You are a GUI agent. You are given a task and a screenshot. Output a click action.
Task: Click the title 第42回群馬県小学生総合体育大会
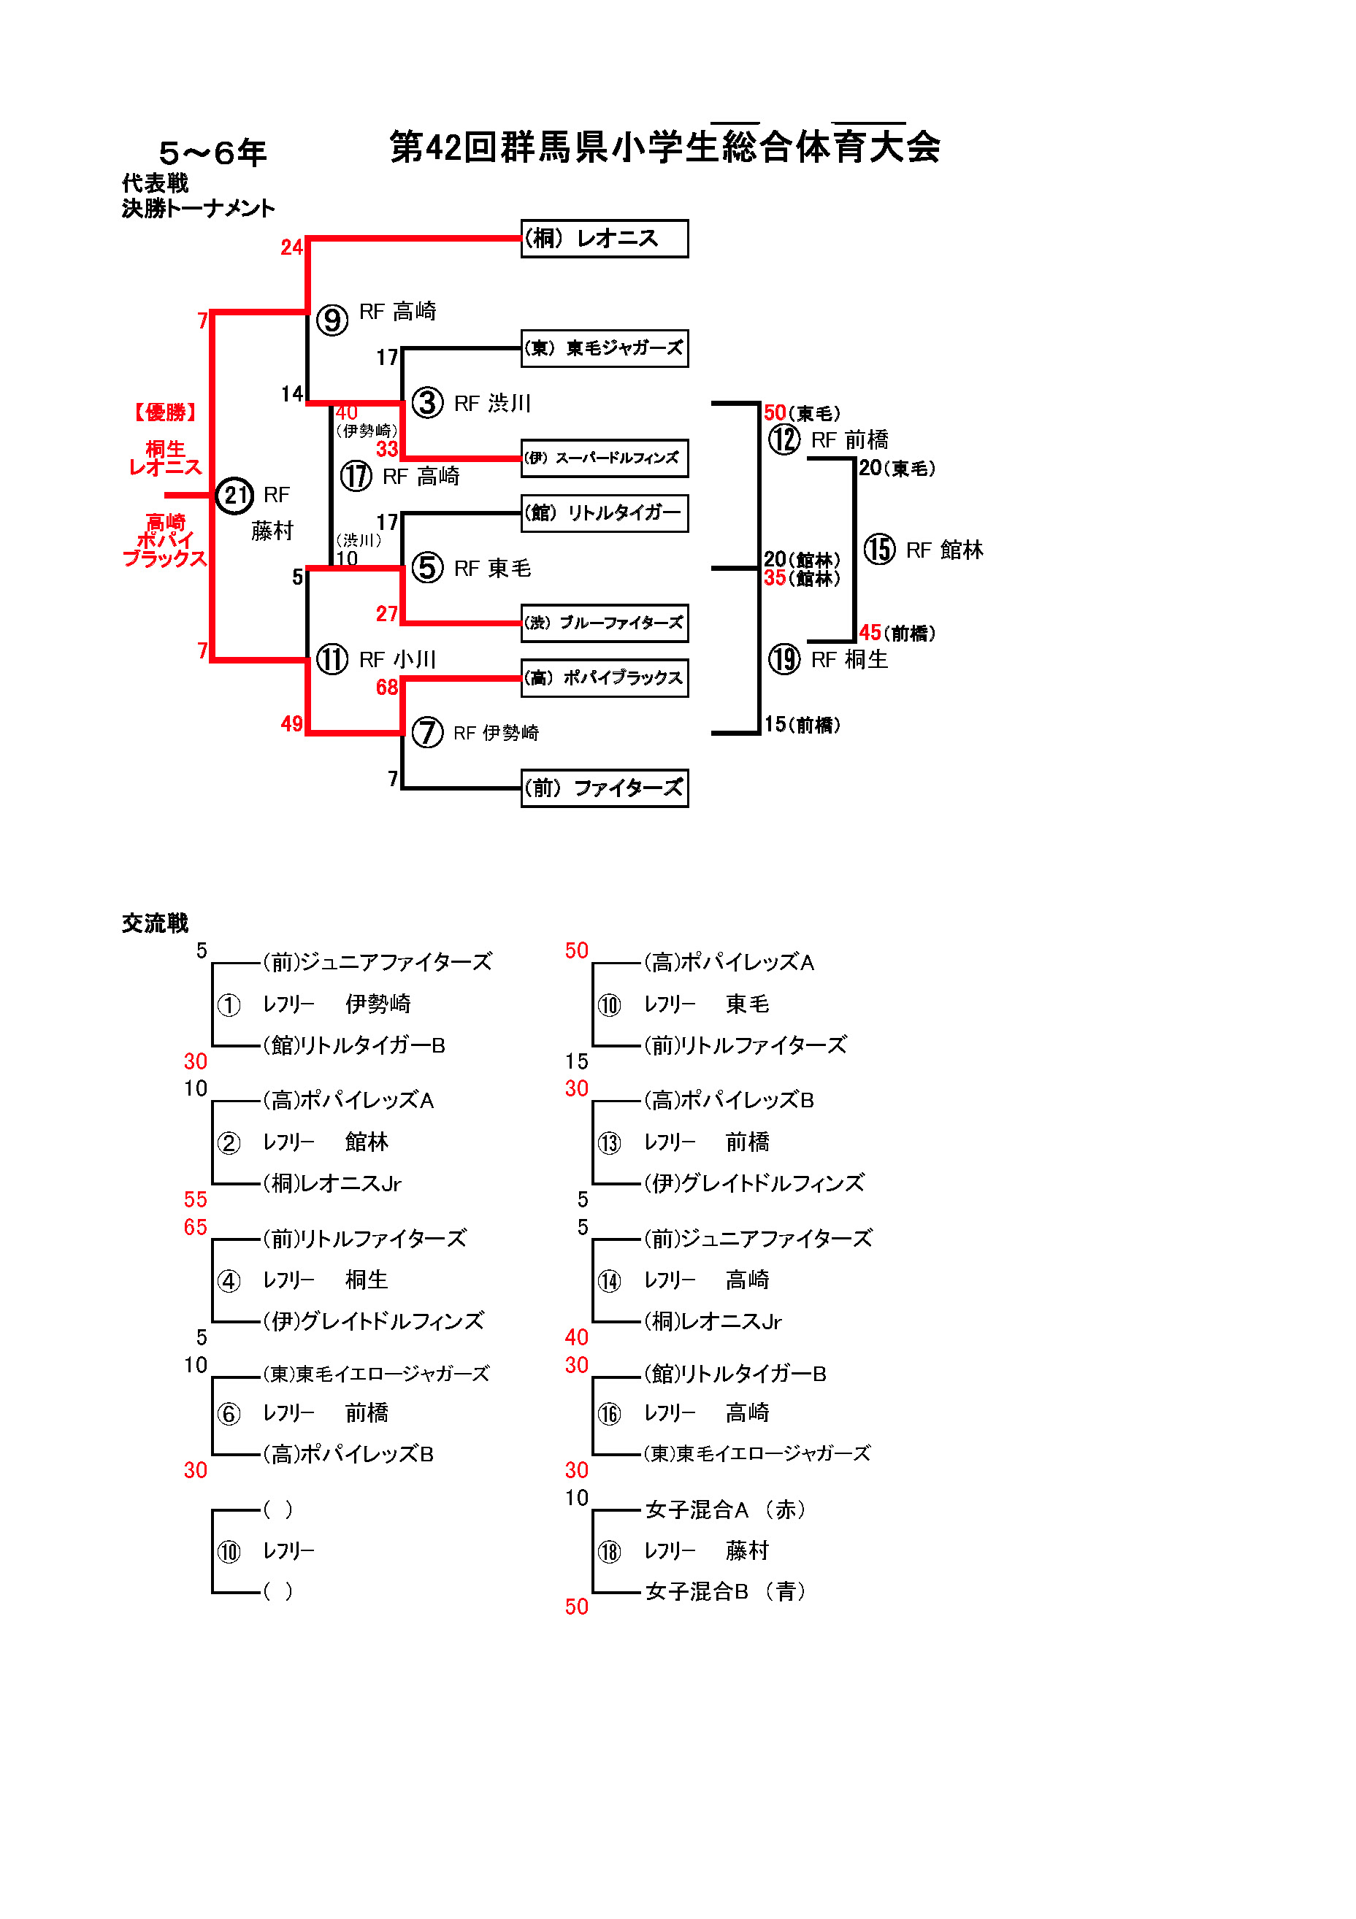click(x=664, y=147)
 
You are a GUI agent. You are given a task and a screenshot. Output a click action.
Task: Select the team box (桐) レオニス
click(x=604, y=239)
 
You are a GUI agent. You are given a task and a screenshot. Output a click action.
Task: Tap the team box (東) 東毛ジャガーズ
click(x=604, y=348)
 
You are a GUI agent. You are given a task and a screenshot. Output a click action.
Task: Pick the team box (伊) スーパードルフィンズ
click(x=604, y=458)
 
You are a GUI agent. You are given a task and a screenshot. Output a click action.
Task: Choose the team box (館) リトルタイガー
click(x=604, y=513)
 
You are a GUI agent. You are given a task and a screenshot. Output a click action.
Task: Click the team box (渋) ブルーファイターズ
click(x=604, y=623)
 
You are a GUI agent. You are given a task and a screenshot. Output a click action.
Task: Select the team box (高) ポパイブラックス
click(x=604, y=678)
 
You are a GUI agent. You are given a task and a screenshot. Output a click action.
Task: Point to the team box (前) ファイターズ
click(x=604, y=788)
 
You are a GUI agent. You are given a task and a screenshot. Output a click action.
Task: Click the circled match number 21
click(x=234, y=496)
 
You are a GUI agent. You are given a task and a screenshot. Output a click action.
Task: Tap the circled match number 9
click(x=332, y=320)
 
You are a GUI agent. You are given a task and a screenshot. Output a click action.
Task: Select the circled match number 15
click(x=878, y=550)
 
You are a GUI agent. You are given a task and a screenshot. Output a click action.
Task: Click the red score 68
click(x=386, y=688)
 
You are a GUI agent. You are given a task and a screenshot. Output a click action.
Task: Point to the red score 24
click(x=291, y=247)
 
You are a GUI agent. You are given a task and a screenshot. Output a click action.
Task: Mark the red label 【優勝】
click(x=165, y=412)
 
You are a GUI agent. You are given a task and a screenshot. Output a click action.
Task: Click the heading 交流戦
click(x=155, y=923)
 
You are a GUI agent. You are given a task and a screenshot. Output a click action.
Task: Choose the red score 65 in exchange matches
click(x=195, y=1227)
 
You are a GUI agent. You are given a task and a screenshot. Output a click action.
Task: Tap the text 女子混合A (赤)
click(x=725, y=1510)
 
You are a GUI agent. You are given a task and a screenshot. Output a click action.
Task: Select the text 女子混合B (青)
click(x=725, y=1591)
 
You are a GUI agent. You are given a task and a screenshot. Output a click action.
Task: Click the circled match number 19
click(x=784, y=659)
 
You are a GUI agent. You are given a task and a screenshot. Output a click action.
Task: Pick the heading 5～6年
click(x=212, y=153)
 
